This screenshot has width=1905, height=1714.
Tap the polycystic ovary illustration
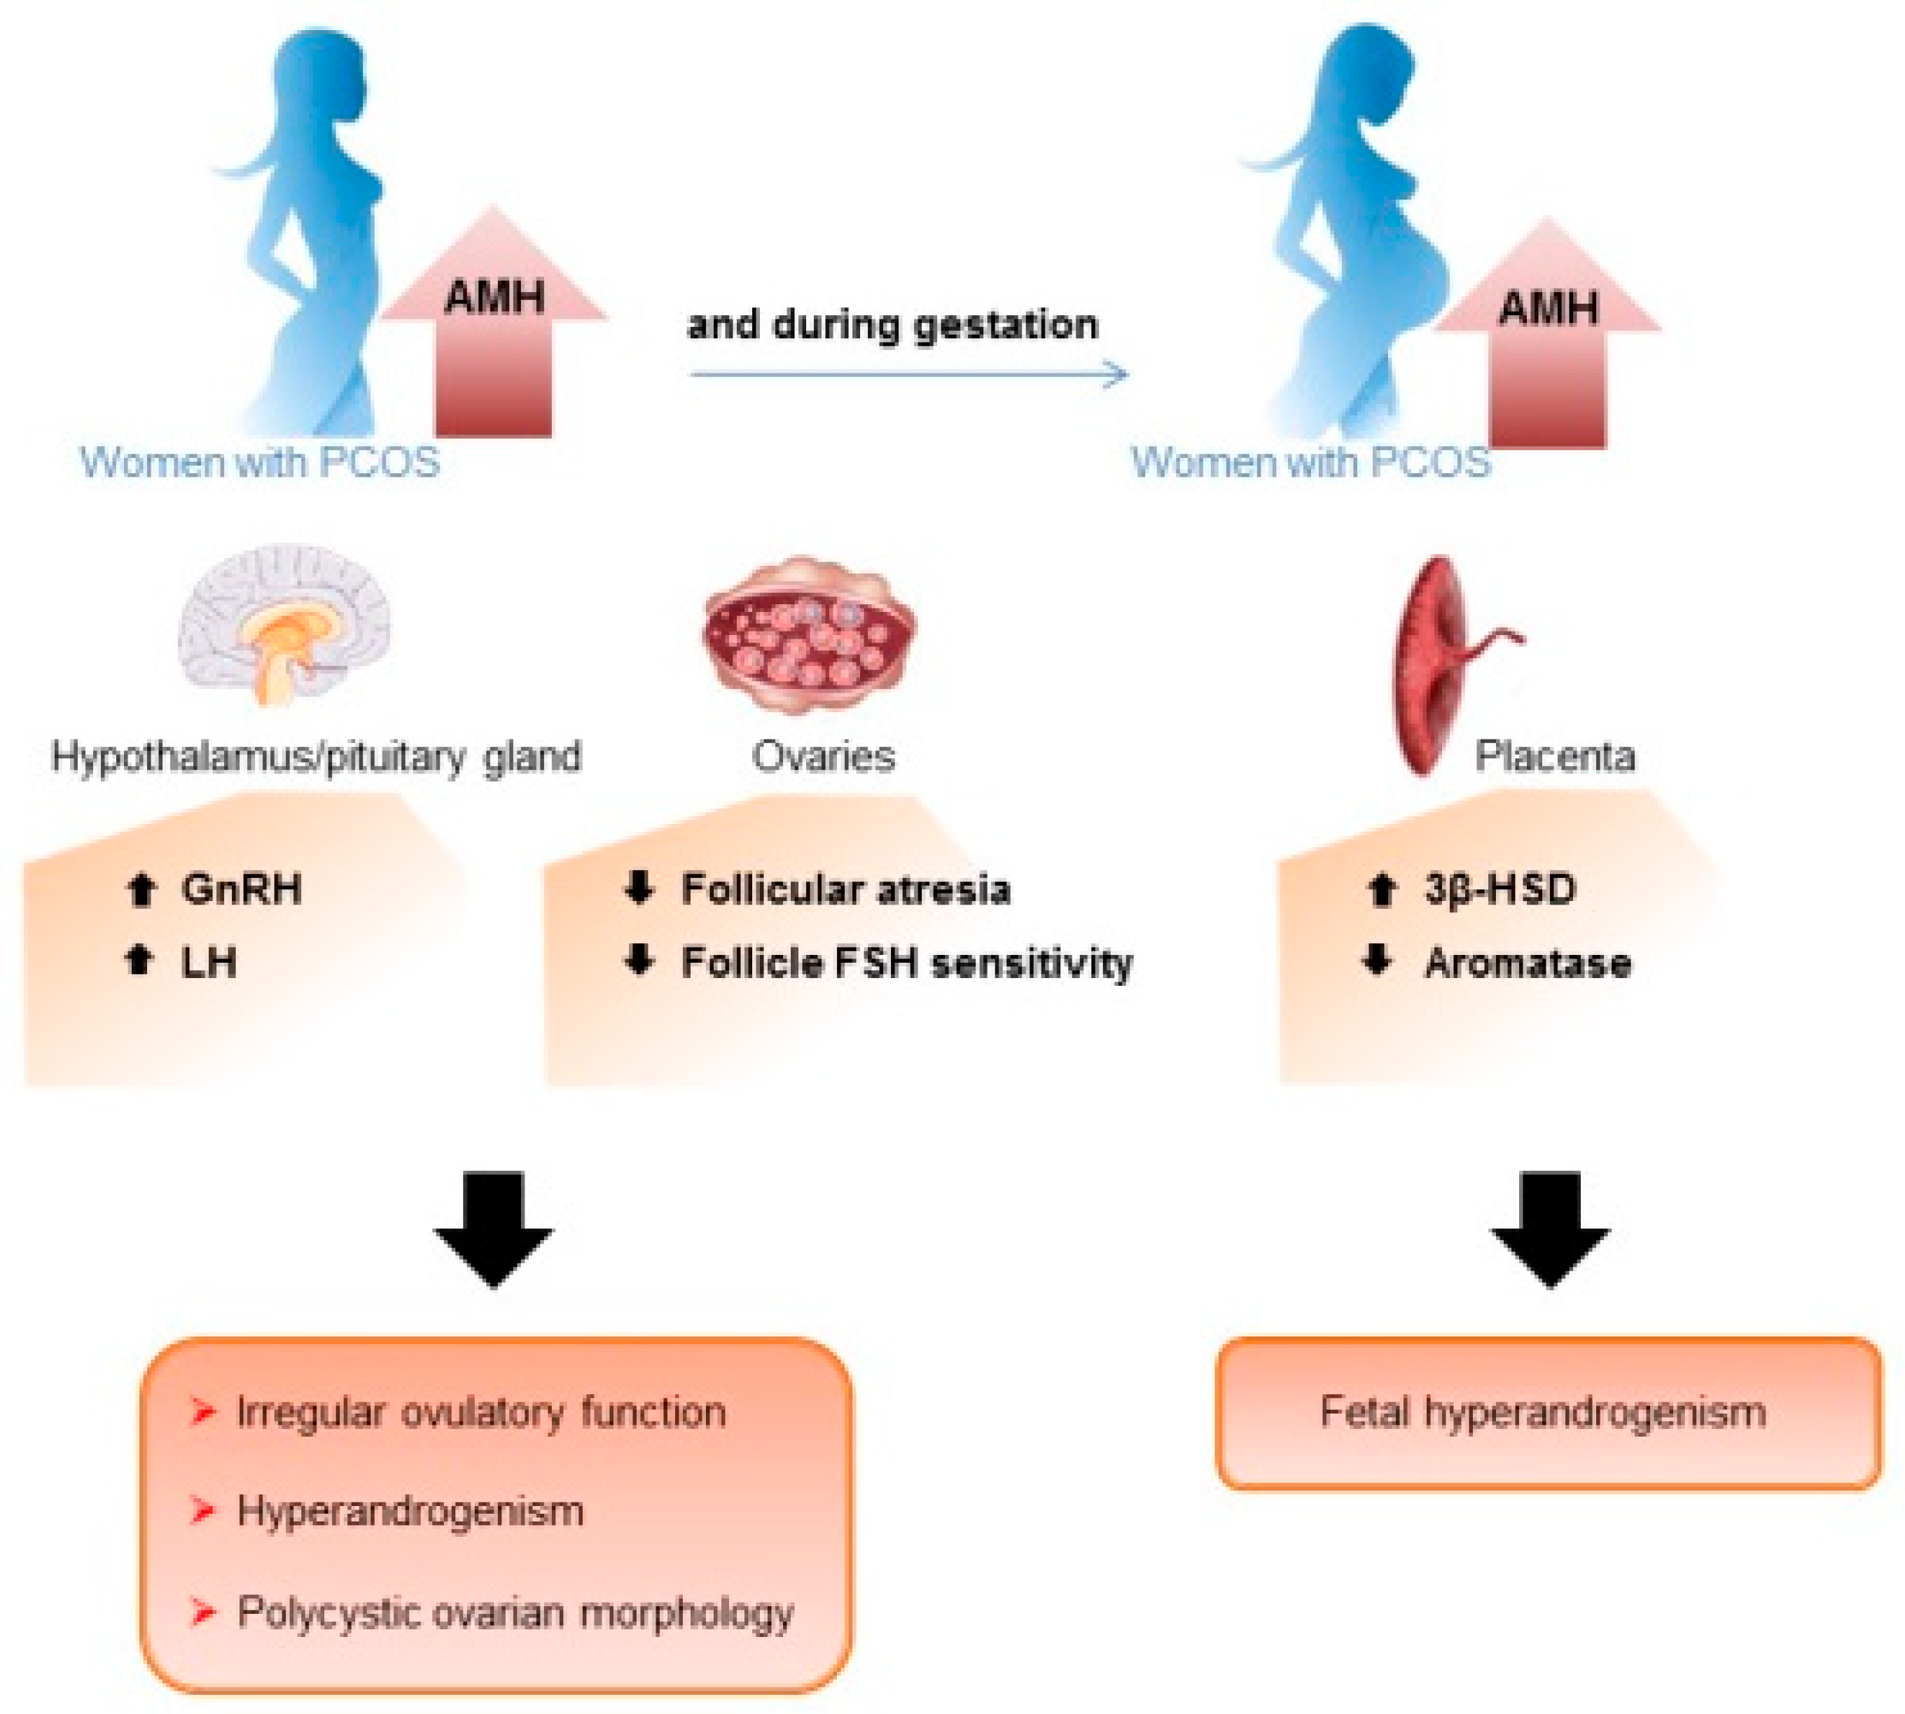[x=808, y=633]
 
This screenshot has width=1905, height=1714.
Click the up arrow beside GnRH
[x=141, y=889]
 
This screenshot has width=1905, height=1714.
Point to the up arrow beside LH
[x=139, y=961]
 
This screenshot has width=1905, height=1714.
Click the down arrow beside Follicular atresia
[x=639, y=888]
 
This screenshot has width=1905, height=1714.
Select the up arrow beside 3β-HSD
[x=1381, y=889]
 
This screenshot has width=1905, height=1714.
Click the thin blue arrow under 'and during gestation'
[x=908, y=375]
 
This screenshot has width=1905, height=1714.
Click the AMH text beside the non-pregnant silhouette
[x=494, y=298]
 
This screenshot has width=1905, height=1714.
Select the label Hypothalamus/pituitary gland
[x=316, y=756]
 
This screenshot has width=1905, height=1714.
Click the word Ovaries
[x=822, y=756]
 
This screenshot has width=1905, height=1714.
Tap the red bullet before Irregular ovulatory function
[x=202, y=1412]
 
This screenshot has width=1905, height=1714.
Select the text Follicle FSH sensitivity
[x=906, y=963]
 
